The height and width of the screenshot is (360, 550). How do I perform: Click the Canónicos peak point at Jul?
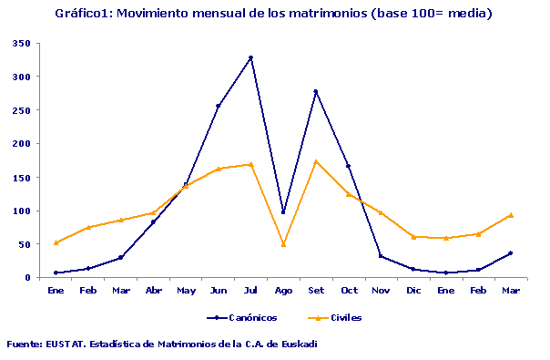tap(250, 57)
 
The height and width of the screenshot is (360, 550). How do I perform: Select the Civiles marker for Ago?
tap(283, 244)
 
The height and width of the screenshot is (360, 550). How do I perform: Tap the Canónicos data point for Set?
tap(316, 91)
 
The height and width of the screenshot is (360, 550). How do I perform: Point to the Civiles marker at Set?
tap(316, 161)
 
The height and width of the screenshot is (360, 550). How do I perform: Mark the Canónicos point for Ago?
tap(283, 212)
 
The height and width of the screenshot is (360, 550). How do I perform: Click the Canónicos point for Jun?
tap(218, 106)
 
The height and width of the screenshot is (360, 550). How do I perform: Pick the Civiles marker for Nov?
tap(381, 212)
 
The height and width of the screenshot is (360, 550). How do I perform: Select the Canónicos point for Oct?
tap(348, 166)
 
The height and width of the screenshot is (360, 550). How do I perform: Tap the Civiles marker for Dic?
tap(413, 237)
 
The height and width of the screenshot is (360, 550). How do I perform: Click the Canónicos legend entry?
tap(240, 318)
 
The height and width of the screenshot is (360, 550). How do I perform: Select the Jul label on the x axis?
tap(250, 290)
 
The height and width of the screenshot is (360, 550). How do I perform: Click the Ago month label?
tap(283, 290)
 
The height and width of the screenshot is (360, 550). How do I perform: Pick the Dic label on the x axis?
tap(413, 290)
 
